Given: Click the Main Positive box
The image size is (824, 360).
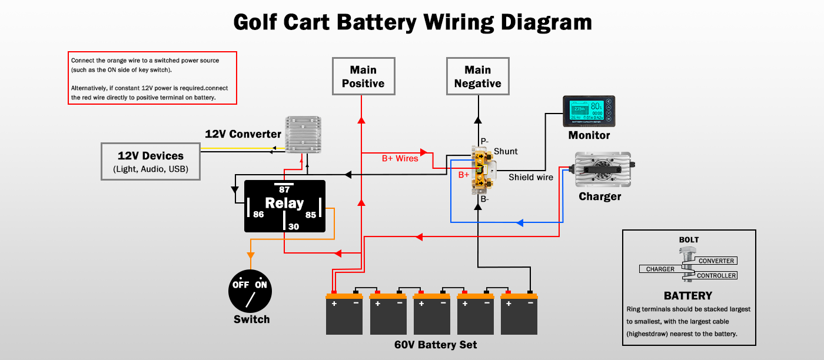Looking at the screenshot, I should [363, 76].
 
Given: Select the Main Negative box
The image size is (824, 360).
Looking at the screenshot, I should [477, 76].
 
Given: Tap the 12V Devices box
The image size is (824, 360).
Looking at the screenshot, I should [151, 161].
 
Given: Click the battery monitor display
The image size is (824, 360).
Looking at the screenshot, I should [589, 112].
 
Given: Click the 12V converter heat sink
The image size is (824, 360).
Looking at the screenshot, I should [304, 135].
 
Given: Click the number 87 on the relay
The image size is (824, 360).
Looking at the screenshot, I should [284, 189].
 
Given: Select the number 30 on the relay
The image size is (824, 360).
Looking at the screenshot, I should [294, 226].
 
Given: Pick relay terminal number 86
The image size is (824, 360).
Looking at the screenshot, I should [258, 215].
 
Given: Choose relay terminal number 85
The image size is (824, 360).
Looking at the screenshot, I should [311, 215].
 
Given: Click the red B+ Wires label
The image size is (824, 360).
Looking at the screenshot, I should [400, 158].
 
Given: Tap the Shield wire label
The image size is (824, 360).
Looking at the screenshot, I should [531, 177].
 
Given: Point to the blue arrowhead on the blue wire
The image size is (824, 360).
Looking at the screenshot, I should [520, 223].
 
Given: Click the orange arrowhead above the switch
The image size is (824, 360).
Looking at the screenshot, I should [250, 255].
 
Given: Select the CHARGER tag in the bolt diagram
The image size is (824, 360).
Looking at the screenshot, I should [660, 269].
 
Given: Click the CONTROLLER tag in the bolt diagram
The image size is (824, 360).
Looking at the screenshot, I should [716, 275].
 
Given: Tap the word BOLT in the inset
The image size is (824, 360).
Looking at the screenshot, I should [689, 240].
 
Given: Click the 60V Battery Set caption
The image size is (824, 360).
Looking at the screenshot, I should [436, 345].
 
